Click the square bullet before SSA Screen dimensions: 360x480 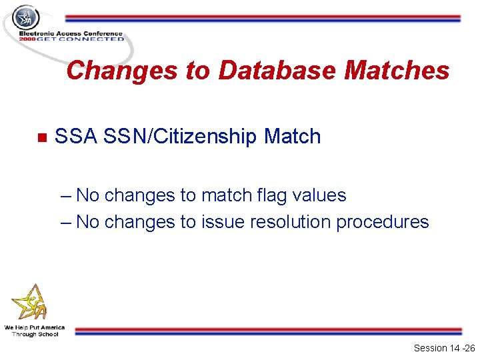click(x=41, y=138)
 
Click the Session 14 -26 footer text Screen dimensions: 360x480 click(x=444, y=348)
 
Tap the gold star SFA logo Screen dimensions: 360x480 click(x=30, y=303)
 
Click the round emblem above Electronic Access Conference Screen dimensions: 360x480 click(x=26, y=17)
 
